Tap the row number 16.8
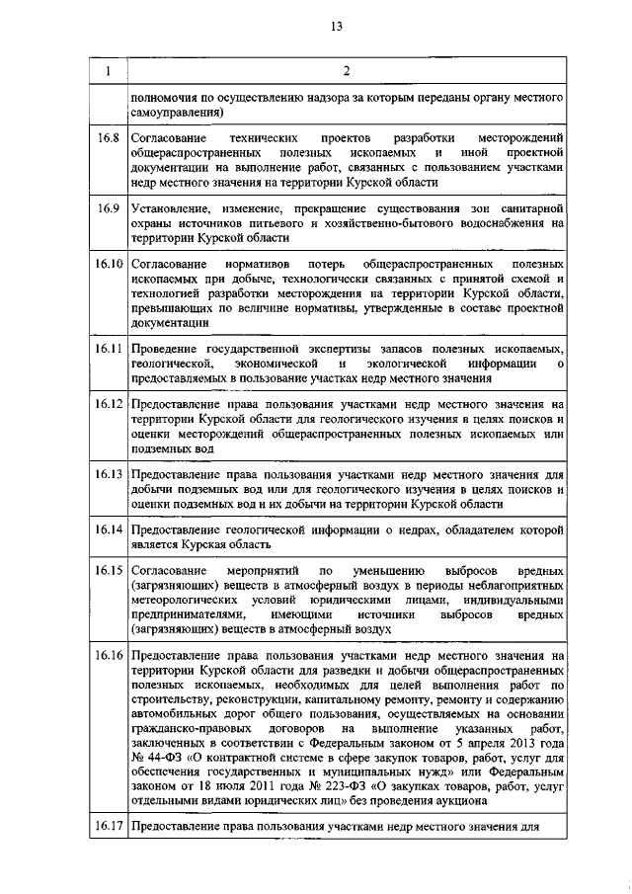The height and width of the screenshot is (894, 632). pyautogui.click(x=108, y=135)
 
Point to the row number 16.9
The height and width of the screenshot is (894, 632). pyautogui.click(x=108, y=208)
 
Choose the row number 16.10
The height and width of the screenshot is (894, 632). pyautogui.click(x=108, y=267)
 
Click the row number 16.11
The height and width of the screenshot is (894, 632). pyautogui.click(x=108, y=349)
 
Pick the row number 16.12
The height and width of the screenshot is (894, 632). pyautogui.click(x=108, y=406)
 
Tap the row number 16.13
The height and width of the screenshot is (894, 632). pyautogui.click(x=108, y=475)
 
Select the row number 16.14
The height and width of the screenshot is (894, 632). pyautogui.click(x=108, y=530)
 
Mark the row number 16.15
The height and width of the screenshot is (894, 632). pyautogui.click(x=108, y=572)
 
